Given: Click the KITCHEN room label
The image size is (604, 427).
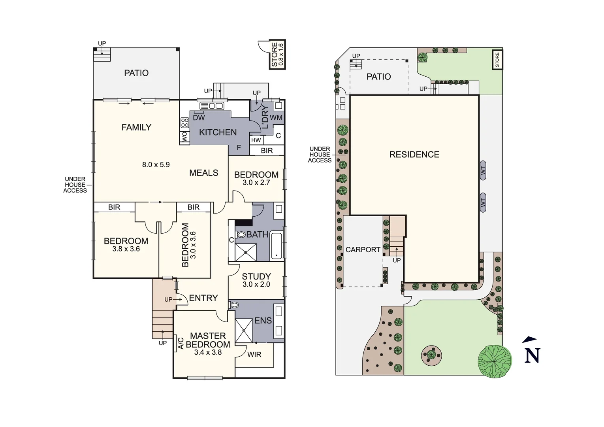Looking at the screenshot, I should pos(218,132).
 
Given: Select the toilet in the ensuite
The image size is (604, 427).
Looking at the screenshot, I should pos(234,305).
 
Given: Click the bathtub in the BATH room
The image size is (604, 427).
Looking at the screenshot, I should pos(277,246).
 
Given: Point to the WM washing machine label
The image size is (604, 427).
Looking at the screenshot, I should pos(276,117).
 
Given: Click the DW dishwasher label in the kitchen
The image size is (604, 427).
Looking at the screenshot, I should pos(199,117).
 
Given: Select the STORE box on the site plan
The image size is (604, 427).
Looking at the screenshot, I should pos(497,60).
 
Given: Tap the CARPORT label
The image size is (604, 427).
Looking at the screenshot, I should pos(363,250).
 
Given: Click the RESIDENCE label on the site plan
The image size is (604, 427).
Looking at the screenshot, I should pos(414,155).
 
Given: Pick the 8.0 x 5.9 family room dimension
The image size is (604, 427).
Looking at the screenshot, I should pos(156,164).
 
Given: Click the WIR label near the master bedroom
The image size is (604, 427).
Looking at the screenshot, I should pos(254,355).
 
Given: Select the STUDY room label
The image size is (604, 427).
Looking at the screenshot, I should pos(256,277).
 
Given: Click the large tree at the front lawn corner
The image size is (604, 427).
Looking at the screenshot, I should pos(495,361).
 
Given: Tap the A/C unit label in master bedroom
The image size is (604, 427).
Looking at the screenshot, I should pos(181,343).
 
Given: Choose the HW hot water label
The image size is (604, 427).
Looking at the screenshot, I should pos(256,140).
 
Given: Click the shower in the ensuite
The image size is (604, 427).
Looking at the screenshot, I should pos(244,331).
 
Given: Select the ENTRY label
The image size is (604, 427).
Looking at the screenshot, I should pos(203,298).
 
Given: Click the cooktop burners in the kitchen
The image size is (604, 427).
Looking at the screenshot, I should pos(185,123).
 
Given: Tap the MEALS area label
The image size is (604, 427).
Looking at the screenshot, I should pos(203,173).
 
